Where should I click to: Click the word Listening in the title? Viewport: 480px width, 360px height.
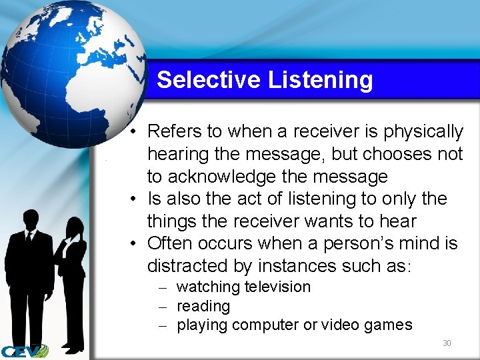320,80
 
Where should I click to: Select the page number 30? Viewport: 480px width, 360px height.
447,343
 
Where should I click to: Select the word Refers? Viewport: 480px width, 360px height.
175,131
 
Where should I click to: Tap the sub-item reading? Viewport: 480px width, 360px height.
203,306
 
